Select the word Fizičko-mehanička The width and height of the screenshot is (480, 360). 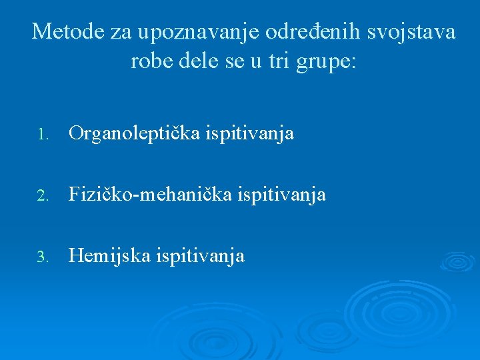tap(145, 195)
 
